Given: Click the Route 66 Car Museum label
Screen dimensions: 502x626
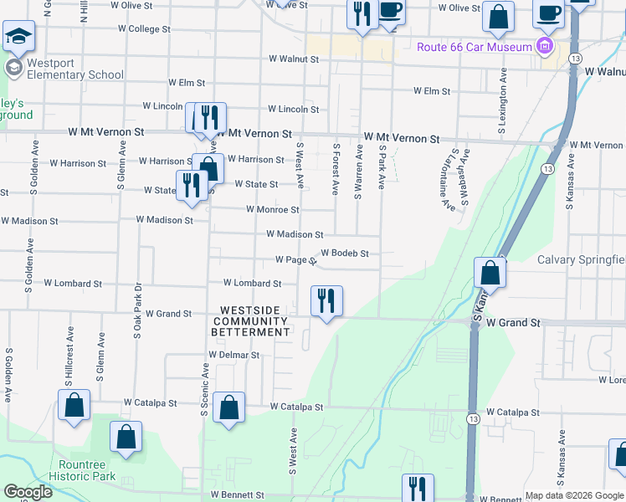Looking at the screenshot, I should pyautogui.click(x=475, y=47).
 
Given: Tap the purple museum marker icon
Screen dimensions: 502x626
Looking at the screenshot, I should pyautogui.click(x=546, y=44).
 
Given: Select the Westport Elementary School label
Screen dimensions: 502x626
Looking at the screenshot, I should pyautogui.click(x=64, y=69).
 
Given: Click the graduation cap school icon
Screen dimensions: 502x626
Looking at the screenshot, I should pyautogui.click(x=18, y=38).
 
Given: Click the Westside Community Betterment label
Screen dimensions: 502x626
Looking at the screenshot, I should pyautogui.click(x=250, y=326).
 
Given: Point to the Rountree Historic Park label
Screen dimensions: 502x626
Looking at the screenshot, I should pyautogui.click(x=87, y=470).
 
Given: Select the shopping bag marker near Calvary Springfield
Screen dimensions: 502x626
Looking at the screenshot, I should pyautogui.click(x=490, y=273).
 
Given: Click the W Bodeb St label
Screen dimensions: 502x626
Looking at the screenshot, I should pyautogui.click(x=345, y=253).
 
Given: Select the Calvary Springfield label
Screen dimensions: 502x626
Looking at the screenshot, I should pyautogui.click(x=581, y=260).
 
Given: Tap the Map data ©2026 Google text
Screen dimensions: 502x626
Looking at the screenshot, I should pyautogui.click(x=574, y=495).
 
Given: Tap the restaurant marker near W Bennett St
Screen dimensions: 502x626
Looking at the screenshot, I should pyautogui.click(x=417, y=488).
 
